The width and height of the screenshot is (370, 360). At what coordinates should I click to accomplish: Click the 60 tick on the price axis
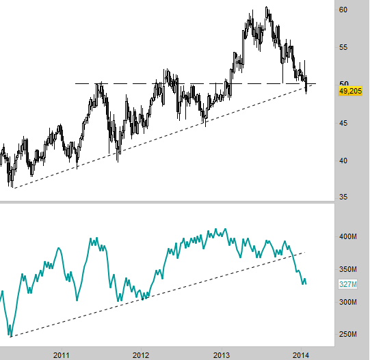343,10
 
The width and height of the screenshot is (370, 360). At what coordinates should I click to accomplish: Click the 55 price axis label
343,47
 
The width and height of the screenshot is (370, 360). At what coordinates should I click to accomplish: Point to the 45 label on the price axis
343,123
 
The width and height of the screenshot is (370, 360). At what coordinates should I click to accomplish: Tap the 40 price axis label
343,161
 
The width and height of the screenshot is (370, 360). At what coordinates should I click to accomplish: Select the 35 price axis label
343,197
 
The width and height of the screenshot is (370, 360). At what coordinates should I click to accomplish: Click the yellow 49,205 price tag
350,91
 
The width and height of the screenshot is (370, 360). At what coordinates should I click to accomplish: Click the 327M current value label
348,284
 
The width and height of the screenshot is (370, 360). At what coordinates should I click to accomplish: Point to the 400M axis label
348,236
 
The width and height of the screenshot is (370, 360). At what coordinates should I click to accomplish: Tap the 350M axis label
348,269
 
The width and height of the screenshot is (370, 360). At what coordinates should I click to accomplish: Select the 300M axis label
348,302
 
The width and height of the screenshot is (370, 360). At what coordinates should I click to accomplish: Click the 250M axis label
348,334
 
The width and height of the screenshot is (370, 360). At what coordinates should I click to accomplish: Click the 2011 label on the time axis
62,355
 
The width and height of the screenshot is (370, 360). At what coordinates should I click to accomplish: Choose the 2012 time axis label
141,355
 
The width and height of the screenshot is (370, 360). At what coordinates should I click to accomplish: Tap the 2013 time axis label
222,355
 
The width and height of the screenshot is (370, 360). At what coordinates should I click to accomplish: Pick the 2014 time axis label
301,355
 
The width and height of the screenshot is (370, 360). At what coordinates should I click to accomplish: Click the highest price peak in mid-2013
267,7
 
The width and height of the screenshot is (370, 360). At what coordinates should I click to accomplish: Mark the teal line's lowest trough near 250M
11,335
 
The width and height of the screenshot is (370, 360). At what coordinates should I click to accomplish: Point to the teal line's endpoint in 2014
306,284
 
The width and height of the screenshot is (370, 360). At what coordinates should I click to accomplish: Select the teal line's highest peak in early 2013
225,229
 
